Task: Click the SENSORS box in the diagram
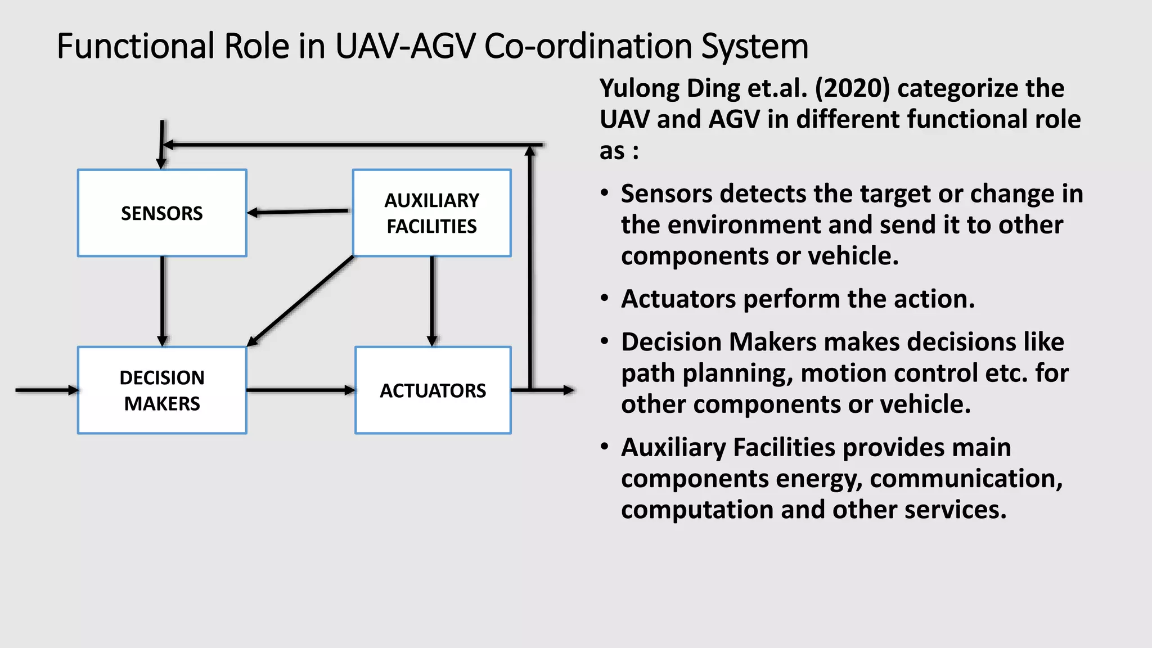(162, 213)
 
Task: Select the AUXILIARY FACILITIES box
(431, 213)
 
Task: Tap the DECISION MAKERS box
(162, 390)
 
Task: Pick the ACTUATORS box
(433, 390)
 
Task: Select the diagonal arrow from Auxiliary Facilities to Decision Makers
(301, 300)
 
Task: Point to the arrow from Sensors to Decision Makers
(163, 301)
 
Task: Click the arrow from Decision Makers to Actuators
(300, 390)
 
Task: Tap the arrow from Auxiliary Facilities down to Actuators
(432, 301)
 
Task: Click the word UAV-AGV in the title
(405, 46)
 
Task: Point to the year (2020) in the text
(852, 89)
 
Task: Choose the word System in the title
(754, 46)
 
